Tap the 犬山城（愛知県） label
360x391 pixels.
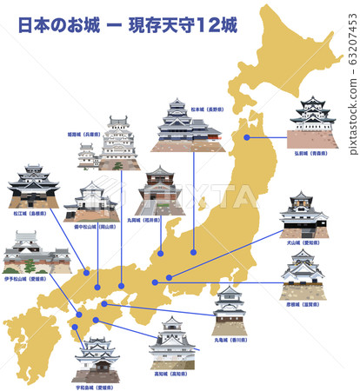coord(303,245)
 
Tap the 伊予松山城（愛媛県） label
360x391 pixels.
coord(31,281)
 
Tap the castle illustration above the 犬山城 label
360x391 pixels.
coord(303,215)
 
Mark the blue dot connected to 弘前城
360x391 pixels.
coord(248,136)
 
